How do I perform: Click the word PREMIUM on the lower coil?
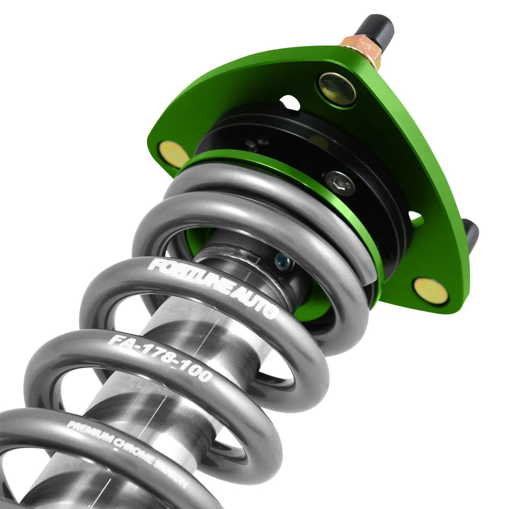point(88,431)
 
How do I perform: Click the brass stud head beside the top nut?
point(337,88)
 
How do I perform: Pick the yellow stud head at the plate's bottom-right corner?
point(430,291)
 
